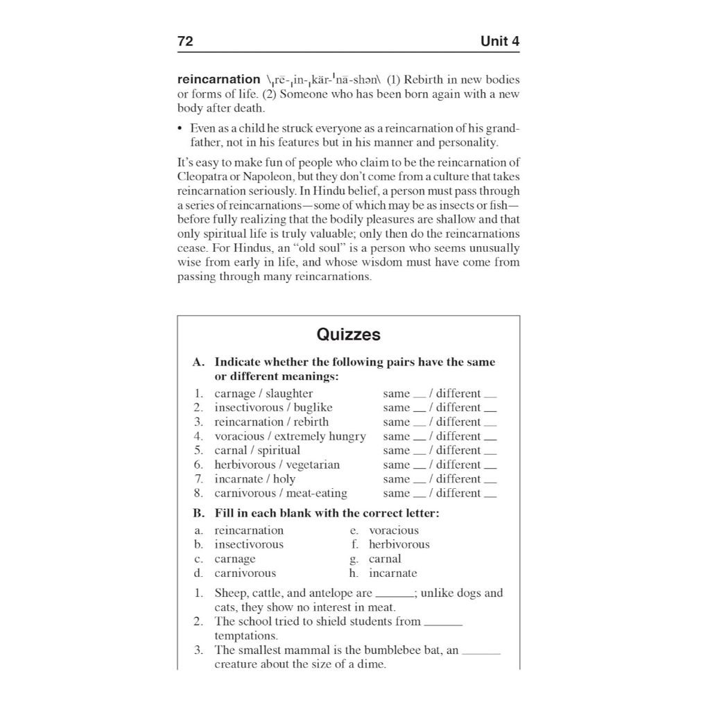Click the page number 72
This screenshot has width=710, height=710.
click(x=185, y=42)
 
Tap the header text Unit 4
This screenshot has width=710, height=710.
click(x=500, y=42)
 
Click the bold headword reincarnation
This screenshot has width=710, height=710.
click(x=218, y=80)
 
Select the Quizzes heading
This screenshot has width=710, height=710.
click(x=348, y=335)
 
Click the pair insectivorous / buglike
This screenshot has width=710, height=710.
click(x=273, y=408)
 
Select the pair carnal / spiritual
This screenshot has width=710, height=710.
click(x=257, y=451)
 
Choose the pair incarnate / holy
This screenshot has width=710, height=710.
click(x=254, y=479)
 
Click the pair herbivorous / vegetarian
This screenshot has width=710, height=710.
click(x=277, y=465)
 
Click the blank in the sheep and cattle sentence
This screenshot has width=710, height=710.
click(x=394, y=596)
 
